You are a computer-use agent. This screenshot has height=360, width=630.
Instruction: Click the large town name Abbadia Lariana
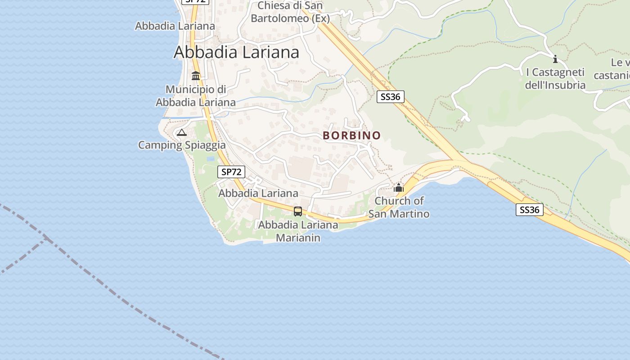click(x=236, y=52)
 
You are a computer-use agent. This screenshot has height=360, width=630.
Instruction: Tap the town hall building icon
click(x=196, y=76)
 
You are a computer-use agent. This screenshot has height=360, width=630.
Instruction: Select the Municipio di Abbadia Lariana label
click(x=196, y=96)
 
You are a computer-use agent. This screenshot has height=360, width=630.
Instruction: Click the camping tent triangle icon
click(x=181, y=132)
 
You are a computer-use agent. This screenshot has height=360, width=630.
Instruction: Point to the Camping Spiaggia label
click(x=182, y=145)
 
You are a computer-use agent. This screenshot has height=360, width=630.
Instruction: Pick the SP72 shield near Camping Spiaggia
click(x=231, y=171)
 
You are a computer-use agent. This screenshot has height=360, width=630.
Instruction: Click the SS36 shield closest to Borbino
click(x=390, y=96)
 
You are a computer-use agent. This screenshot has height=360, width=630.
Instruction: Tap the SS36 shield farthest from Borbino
click(x=529, y=210)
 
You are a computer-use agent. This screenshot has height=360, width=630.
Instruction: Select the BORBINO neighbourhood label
click(x=351, y=135)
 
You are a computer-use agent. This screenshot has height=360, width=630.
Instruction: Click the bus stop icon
click(x=297, y=211)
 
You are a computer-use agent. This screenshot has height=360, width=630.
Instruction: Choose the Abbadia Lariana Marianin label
click(x=298, y=231)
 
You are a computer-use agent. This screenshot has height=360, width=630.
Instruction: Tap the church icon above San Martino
click(x=399, y=187)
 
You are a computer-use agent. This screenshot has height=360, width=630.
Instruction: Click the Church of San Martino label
click(x=399, y=207)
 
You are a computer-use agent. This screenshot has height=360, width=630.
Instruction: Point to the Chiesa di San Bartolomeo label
click(x=290, y=12)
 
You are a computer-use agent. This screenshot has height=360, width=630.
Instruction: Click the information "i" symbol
click(x=555, y=59)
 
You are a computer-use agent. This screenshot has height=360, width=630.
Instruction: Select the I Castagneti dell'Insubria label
click(x=555, y=79)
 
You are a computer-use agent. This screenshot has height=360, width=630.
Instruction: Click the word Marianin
click(x=298, y=238)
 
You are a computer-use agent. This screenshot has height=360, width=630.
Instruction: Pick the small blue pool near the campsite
click(x=210, y=159)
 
